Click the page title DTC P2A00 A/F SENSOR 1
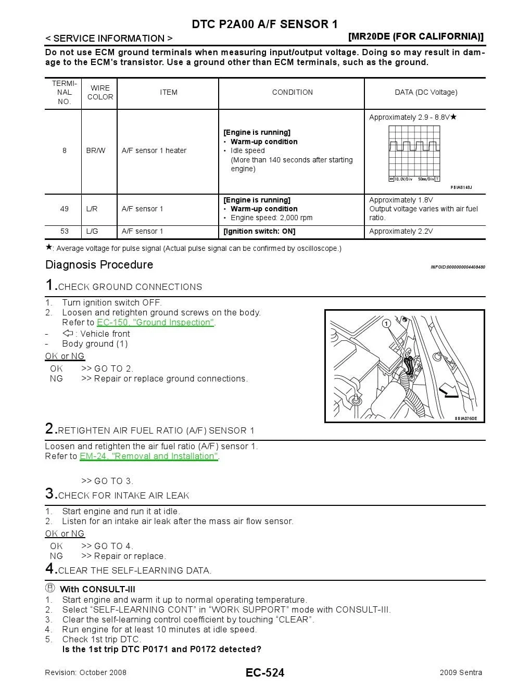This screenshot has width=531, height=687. [264, 24]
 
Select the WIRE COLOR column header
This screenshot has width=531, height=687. [100, 93]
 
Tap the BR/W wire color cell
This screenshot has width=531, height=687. [96, 151]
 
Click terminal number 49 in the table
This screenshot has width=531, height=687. [65, 209]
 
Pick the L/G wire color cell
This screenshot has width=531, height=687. [92, 232]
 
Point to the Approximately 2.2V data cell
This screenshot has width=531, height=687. [401, 232]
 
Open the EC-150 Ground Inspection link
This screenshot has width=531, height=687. [155, 323]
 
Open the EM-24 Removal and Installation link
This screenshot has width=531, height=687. [149, 456]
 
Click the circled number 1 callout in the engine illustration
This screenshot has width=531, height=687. [386, 324]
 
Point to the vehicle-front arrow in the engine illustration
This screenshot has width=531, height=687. [448, 390]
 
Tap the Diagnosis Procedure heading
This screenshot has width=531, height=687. [99, 265]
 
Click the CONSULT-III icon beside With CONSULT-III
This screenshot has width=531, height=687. [50, 589]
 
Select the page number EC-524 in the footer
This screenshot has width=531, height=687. [265, 673]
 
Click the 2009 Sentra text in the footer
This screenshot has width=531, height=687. [461, 672]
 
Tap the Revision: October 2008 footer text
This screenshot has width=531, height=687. [86, 672]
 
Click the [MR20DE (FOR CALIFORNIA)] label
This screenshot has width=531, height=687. [415, 36]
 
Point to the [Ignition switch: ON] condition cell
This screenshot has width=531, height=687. [259, 232]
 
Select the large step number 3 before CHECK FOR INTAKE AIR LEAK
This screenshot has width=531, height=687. [50, 493]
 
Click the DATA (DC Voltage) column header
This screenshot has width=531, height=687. [426, 93]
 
